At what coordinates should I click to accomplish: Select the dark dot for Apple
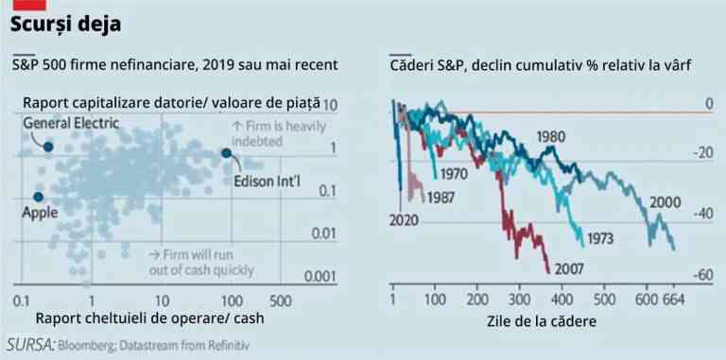[39, 197]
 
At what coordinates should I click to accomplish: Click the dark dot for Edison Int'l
[226, 153]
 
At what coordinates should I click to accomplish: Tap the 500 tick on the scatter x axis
[279, 300]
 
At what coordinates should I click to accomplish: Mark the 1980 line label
[552, 136]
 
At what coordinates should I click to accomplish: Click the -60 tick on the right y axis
[703, 275]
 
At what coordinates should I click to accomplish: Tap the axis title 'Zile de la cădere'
[540, 320]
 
